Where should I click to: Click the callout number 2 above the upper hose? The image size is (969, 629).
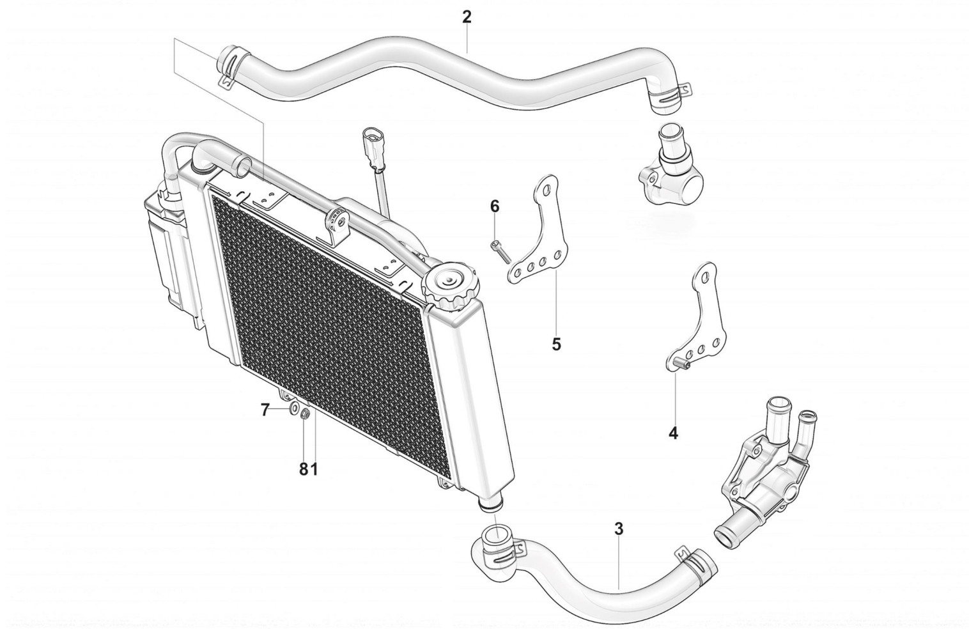(x=467, y=17)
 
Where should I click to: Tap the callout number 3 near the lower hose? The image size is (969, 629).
(x=618, y=529)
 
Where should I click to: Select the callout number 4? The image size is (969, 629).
(x=673, y=433)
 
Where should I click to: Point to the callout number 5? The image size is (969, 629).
(x=556, y=344)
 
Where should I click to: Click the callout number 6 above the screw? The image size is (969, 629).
(x=494, y=206)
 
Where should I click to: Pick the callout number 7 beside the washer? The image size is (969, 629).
(x=266, y=410)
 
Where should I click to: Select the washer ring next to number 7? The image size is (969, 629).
(x=295, y=410)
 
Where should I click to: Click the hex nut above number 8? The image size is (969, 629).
(x=305, y=415)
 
